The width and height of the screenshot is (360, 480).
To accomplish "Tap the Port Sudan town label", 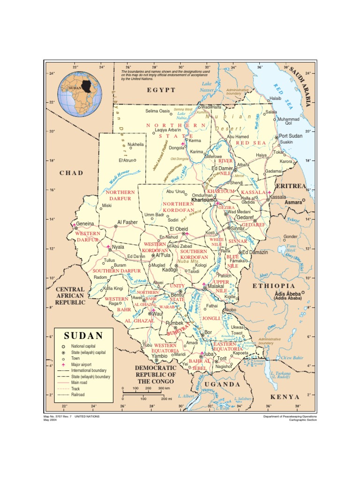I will (292, 135).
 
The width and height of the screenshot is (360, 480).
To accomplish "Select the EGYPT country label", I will (161, 90).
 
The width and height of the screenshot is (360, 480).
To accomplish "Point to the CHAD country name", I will (71, 173).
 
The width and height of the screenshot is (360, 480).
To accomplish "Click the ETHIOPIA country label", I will (274, 285).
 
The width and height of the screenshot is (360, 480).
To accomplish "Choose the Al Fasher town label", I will (127, 222).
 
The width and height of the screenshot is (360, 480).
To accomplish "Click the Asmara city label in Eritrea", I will (294, 202).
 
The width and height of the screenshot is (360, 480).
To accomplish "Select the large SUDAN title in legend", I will (83, 336).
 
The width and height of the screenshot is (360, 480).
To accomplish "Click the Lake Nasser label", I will (207, 87).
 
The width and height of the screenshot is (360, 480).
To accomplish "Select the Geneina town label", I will (85, 224).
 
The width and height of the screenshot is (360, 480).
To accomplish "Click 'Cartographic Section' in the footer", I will (300, 420).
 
